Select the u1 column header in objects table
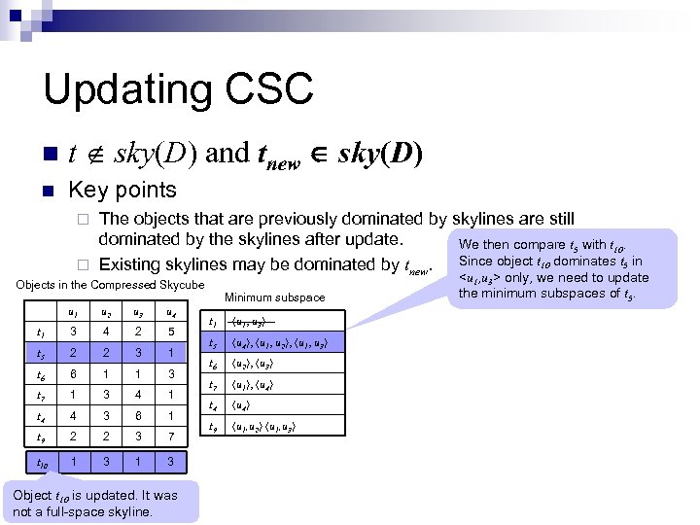[71, 312]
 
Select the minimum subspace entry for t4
[243, 405]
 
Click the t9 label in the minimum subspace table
[214, 427]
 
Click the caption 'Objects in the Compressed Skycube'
[109, 284]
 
